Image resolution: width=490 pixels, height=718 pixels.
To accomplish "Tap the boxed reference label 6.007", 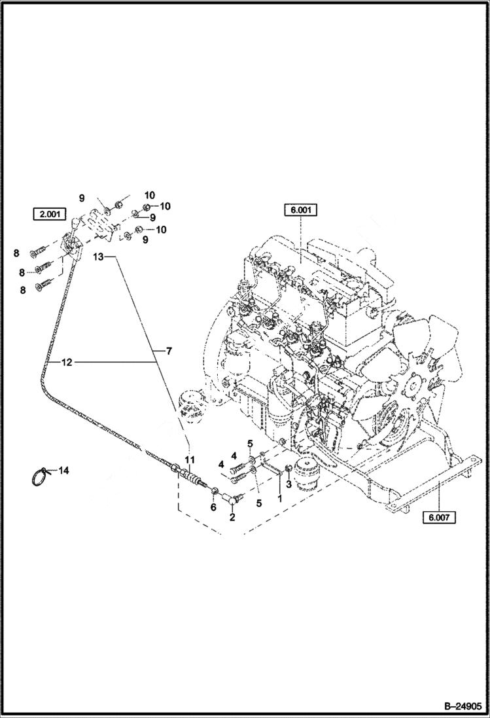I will (x=439, y=516).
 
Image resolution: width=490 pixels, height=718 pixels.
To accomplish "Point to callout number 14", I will (x=63, y=470).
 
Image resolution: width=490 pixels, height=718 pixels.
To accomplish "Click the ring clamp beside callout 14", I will (x=41, y=476).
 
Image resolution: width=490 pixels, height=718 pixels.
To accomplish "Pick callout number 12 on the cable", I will (x=67, y=361).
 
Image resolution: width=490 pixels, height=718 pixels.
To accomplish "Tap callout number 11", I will (x=189, y=459).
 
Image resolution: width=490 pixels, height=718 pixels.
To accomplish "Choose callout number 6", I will (x=213, y=507).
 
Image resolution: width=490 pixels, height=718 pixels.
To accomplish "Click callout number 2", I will (x=232, y=518).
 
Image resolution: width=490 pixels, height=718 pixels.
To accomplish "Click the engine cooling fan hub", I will (x=413, y=384).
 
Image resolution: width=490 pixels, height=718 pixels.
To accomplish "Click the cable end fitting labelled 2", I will (x=233, y=499).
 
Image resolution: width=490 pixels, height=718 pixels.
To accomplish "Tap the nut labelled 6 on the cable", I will (x=214, y=492).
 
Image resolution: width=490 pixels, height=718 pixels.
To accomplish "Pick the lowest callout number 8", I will (x=22, y=289).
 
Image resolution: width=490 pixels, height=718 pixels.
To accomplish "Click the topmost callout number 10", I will (x=150, y=196).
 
